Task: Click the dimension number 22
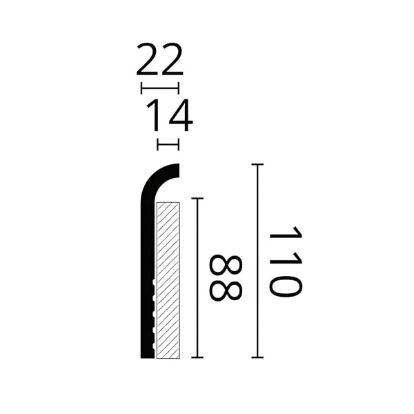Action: click(x=160, y=59)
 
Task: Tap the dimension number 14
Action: click(x=170, y=115)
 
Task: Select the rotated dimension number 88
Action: click(x=226, y=277)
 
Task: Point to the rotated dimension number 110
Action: click(x=285, y=261)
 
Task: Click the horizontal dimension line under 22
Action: click(x=160, y=88)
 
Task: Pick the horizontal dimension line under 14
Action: click(x=168, y=144)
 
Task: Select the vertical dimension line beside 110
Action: click(x=257, y=261)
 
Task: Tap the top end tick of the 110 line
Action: click(x=257, y=164)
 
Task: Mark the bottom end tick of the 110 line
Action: click(x=257, y=357)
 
